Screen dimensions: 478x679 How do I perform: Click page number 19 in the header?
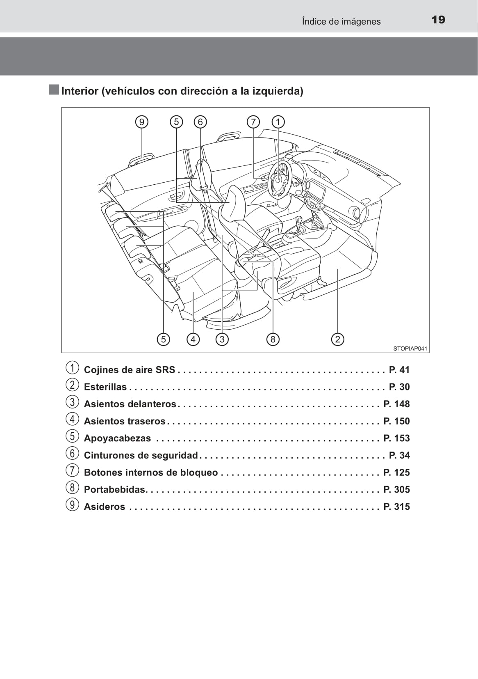point(438,20)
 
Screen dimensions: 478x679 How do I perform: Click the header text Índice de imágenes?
point(341,21)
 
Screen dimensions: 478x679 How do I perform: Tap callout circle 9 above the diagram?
point(141,122)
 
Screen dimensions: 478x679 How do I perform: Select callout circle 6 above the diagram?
point(200,122)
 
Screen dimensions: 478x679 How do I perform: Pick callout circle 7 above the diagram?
point(253,122)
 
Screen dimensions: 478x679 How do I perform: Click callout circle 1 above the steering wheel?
point(278,122)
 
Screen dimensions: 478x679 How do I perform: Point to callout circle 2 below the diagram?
point(337,339)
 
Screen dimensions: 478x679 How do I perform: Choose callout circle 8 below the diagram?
point(273,339)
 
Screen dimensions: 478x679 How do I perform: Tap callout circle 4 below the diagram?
point(193,339)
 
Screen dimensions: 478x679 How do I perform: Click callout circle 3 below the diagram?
point(222,339)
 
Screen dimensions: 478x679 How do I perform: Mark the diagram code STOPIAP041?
point(410,349)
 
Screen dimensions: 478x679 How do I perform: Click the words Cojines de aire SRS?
point(130,370)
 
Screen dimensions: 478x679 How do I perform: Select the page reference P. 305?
point(396,490)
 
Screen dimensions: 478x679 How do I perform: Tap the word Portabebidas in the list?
point(115,490)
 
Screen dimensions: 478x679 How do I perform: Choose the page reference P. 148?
point(396,404)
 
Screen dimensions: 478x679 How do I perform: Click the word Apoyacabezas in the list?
point(117,438)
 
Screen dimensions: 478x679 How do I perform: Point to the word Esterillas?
point(105,387)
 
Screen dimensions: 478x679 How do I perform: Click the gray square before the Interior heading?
point(54,90)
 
